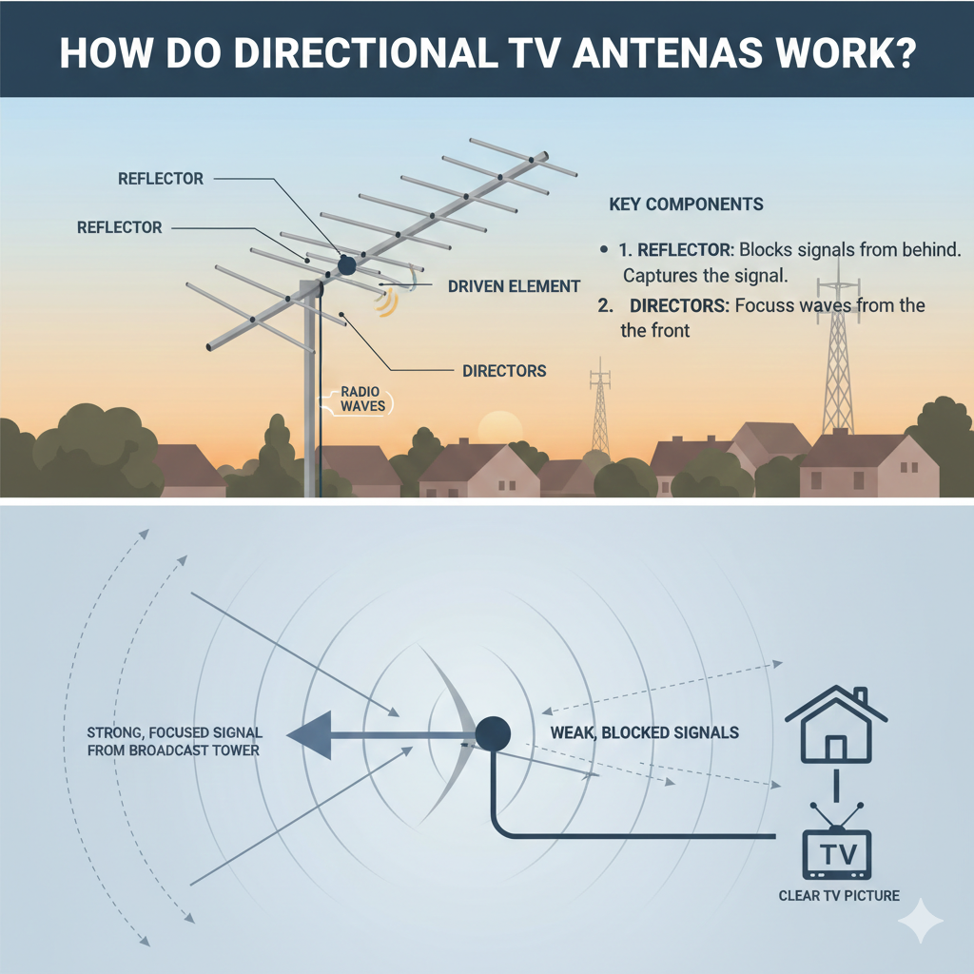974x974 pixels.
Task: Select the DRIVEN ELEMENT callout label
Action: coord(514,285)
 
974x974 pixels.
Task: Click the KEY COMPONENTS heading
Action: coord(685,205)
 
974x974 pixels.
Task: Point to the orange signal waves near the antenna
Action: coord(386,302)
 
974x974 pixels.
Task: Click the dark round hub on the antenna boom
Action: coord(347,265)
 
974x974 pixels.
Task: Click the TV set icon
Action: coord(836,850)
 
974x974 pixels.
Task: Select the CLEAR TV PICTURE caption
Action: coord(839,895)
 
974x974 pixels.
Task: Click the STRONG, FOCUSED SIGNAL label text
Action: coord(174,742)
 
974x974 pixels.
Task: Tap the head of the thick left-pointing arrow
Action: coord(310,736)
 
